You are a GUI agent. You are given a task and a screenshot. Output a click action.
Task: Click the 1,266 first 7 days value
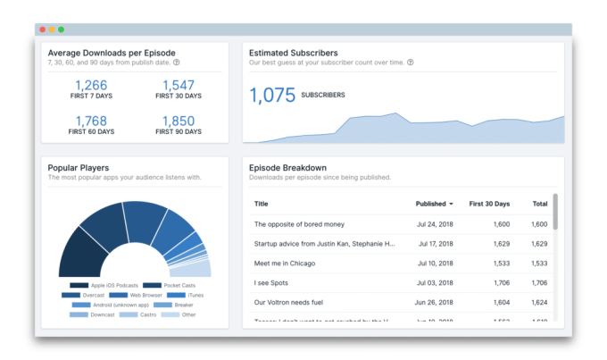(x=91, y=86)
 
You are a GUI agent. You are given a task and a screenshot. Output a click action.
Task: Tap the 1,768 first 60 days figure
(x=91, y=121)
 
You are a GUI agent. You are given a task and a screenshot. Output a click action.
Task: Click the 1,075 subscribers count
(x=271, y=95)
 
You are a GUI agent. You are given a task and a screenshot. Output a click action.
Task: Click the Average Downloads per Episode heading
(x=111, y=53)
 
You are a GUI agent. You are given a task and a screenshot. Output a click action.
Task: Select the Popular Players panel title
(x=79, y=167)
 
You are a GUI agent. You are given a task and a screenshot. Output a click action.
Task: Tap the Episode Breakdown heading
(x=288, y=167)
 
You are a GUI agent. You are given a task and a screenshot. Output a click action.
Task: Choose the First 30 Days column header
(x=489, y=204)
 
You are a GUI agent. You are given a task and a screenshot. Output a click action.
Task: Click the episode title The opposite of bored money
(x=299, y=224)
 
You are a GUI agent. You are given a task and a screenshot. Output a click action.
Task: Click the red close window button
(x=42, y=29)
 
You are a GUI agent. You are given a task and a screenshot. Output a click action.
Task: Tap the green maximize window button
(x=61, y=29)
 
